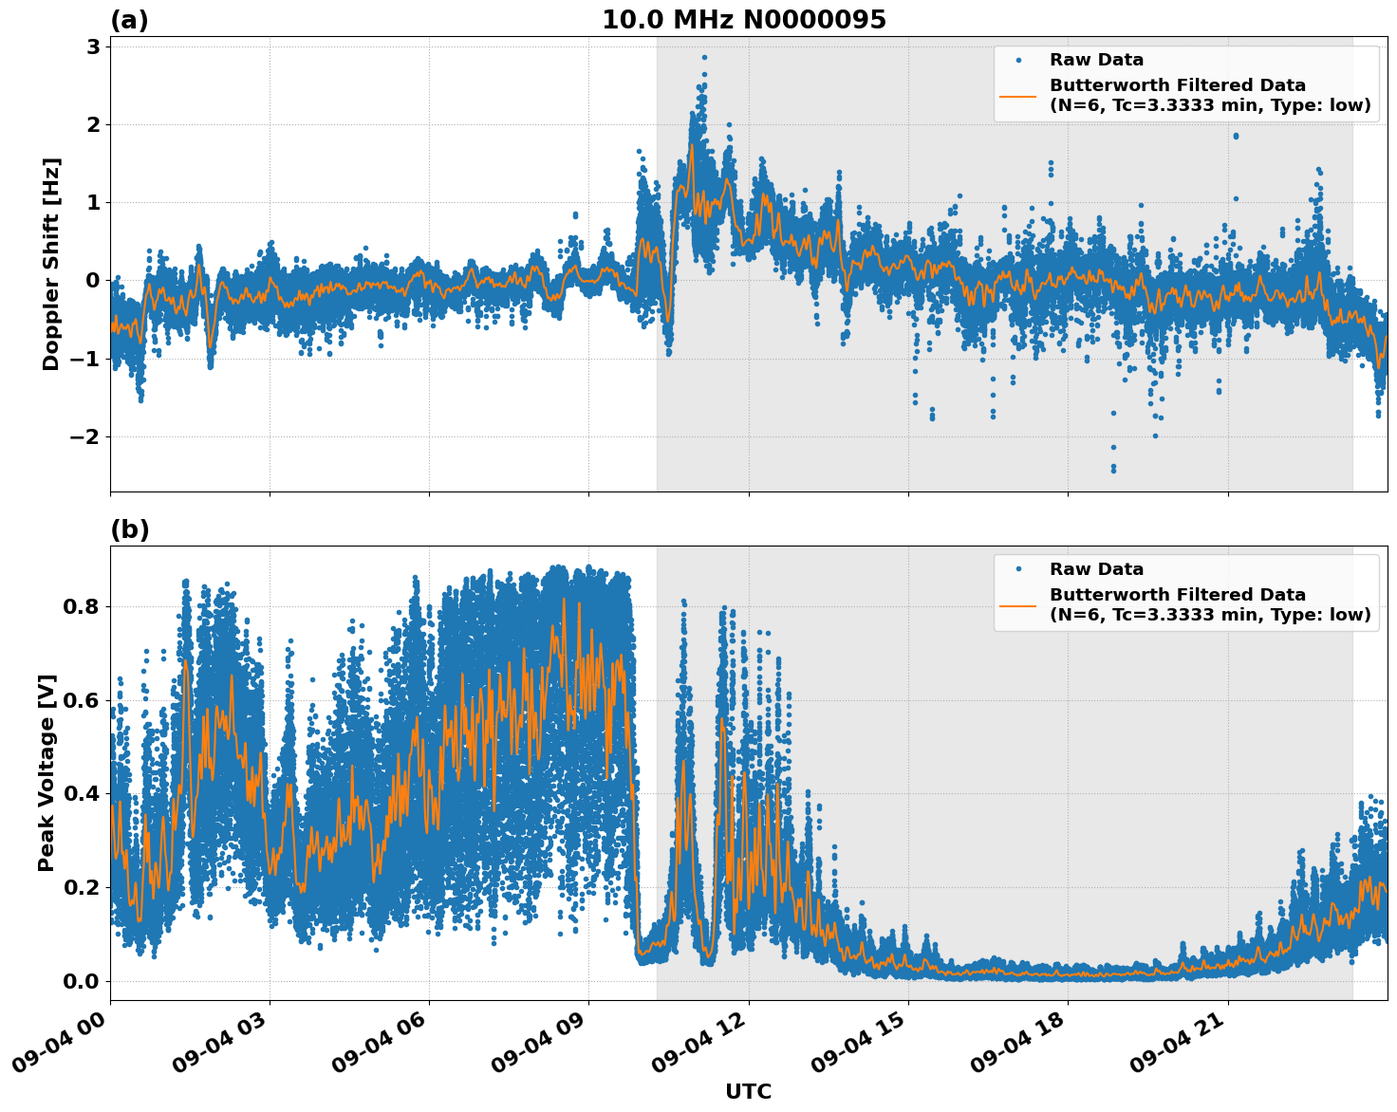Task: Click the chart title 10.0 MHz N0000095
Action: [743, 20]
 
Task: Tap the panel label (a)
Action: [129, 20]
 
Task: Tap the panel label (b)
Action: [129, 529]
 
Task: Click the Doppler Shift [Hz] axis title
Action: [51, 264]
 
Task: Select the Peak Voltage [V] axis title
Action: [47, 772]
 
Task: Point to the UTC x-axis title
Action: [748, 1092]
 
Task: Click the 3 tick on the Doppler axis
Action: [93, 46]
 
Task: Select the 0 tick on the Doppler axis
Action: [93, 280]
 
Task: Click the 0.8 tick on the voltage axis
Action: [81, 606]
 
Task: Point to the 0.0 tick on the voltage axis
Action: [81, 981]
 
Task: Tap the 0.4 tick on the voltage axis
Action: [81, 793]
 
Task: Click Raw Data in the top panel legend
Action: [1096, 60]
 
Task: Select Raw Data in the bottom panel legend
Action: [1096, 569]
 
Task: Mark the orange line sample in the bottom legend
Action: [1017, 604]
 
